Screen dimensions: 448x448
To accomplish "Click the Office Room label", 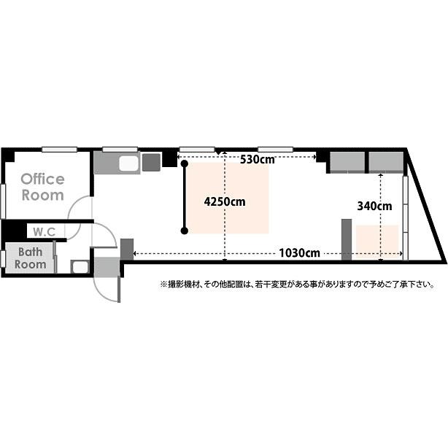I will click(x=42, y=187).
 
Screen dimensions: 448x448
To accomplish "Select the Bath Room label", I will click(x=31, y=258).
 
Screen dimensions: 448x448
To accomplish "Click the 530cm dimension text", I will click(x=257, y=160).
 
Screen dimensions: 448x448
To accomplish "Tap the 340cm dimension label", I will click(x=374, y=206).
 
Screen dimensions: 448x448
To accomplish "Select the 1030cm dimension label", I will click(x=299, y=253).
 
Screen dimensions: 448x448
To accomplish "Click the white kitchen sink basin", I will click(x=128, y=163).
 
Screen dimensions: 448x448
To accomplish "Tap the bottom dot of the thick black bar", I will click(x=185, y=231).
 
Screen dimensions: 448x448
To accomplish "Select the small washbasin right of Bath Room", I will click(x=80, y=266).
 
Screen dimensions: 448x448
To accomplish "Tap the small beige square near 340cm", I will click(x=377, y=242).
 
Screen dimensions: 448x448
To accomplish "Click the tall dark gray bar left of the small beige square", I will click(x=347, y=239).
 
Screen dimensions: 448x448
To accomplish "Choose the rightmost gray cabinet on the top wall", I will click(x=385, y=163).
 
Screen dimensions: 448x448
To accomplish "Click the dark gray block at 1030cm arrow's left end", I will click(x=126, y=249).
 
